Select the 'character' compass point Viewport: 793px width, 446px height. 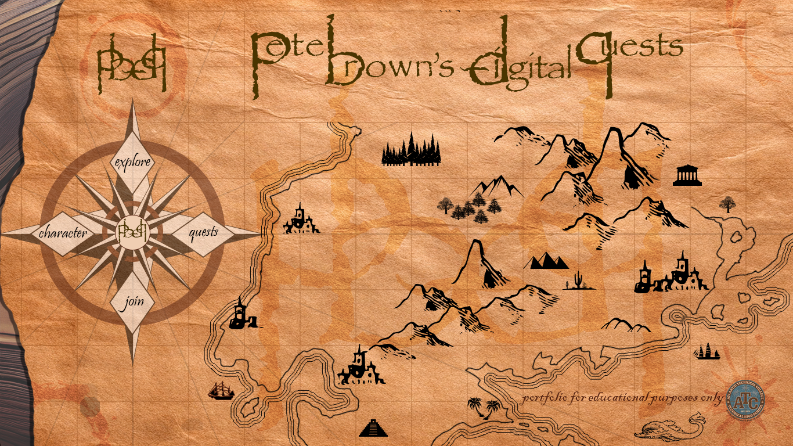click(x=63, y=233)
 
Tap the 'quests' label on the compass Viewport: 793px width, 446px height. click(x=204, y=232)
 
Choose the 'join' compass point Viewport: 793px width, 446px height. click(x=132, y=303)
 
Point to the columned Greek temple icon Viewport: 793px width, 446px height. click(x=687, y=175)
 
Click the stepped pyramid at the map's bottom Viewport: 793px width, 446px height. click(x=372, y=429)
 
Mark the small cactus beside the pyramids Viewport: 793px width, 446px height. click(x=577, y=280)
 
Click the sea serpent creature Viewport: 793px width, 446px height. click(x=668, y=428)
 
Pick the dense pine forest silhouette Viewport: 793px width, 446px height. click(x=412, y=151)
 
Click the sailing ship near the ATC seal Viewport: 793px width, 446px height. click(x=708, y=351)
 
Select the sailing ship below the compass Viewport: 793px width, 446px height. click(x=221, y=391)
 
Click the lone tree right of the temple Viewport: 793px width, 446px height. click(x=727, y=204)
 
